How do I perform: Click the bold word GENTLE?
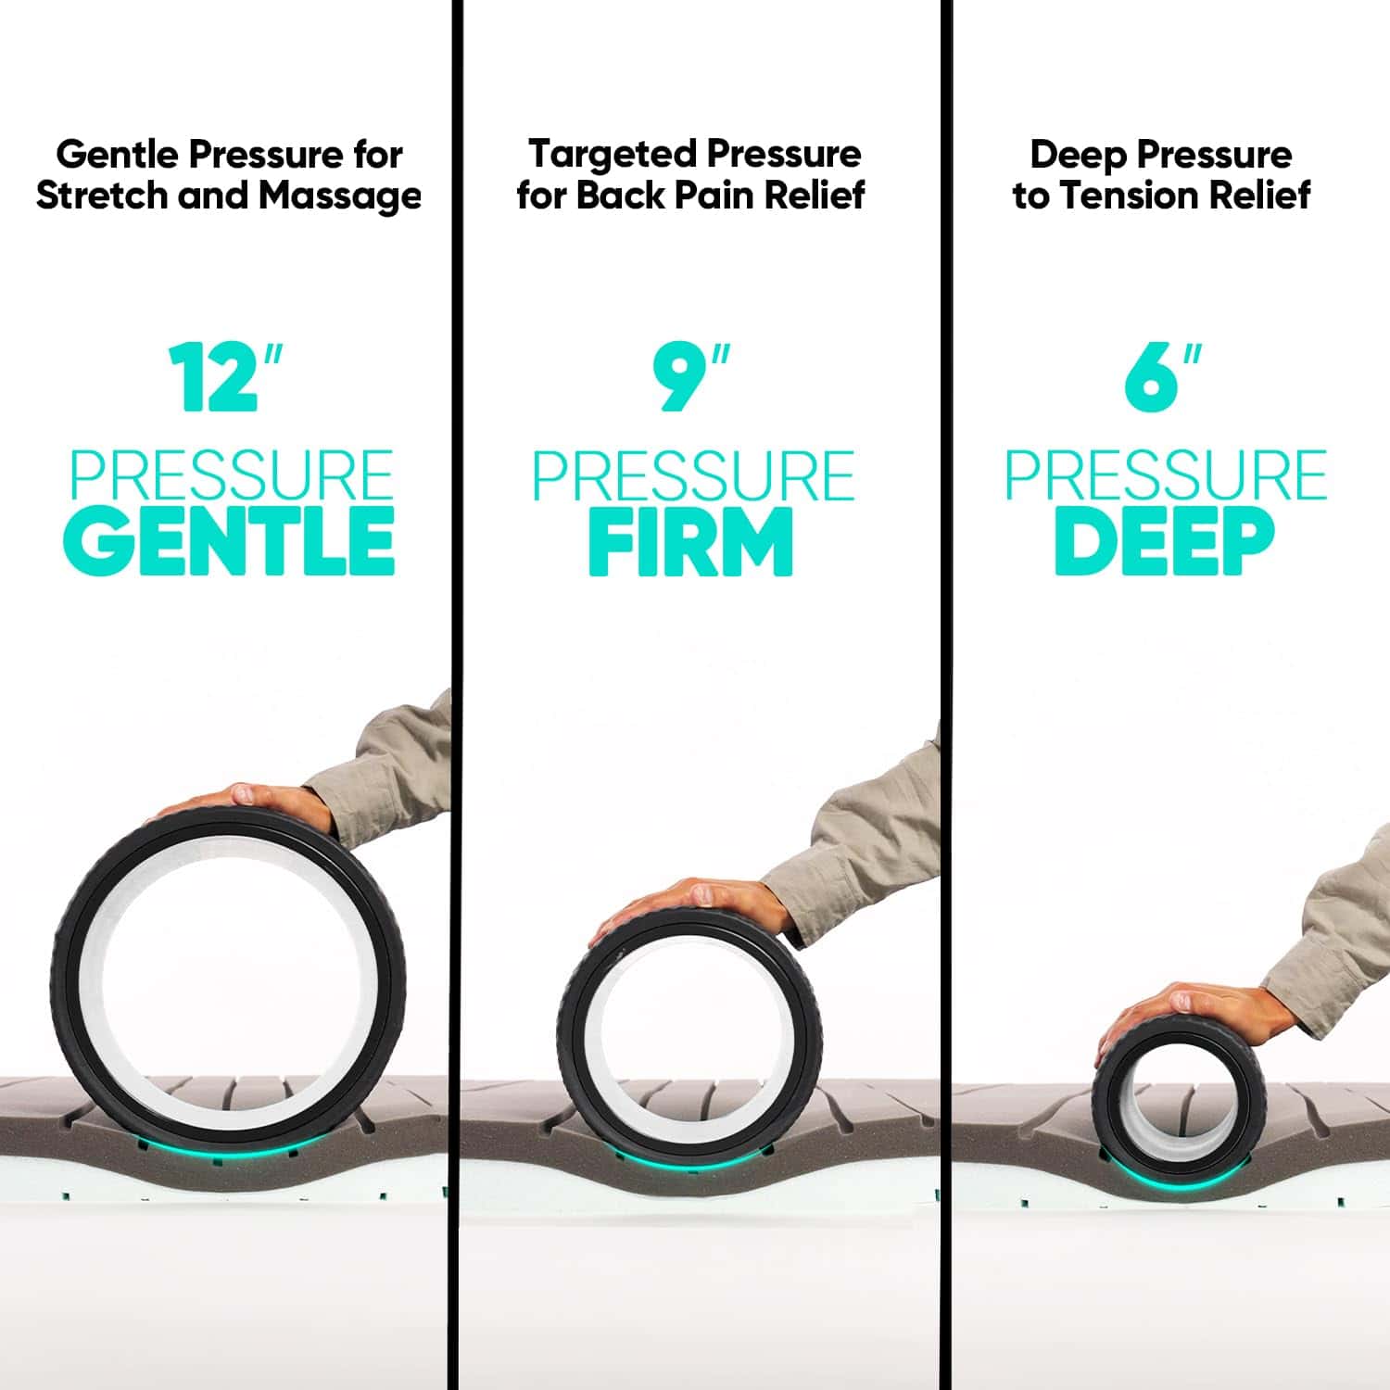click(x=230, y=541)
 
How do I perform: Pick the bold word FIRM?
click(x=690, y=541)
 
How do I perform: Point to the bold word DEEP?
click(x=1164, y=541)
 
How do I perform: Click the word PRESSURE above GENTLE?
click(x=232, y=475)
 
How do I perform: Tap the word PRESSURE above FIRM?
click(x=693, y=475)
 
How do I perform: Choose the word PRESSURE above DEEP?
click(x=1166, y=475)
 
